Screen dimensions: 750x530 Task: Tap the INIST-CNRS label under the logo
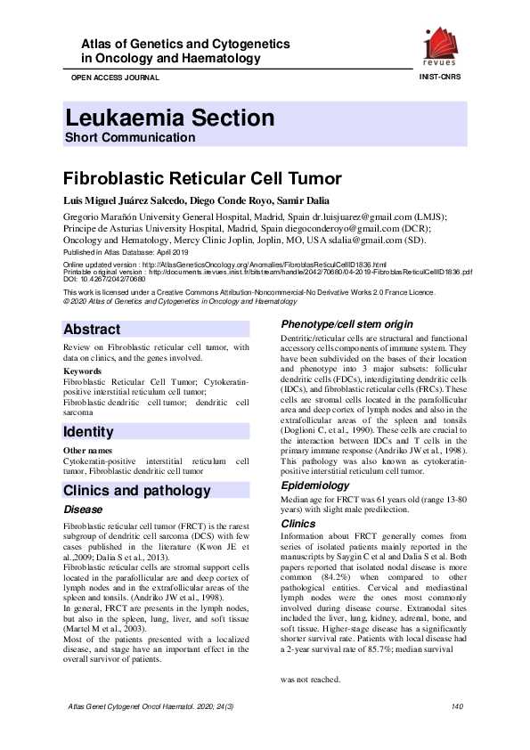442,77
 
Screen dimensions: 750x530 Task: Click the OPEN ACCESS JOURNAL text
110,77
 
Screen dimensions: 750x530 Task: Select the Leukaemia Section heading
169,118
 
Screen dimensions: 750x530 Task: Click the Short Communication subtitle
130,138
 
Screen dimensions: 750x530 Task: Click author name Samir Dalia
283,199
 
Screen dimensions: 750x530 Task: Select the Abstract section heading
92,329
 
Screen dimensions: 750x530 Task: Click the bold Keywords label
82,370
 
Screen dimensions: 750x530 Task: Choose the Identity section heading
88,432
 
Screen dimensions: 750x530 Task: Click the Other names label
86,451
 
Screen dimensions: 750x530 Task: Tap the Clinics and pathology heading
137,491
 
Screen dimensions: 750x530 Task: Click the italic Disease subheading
83,510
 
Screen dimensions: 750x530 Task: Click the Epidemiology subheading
314,485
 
